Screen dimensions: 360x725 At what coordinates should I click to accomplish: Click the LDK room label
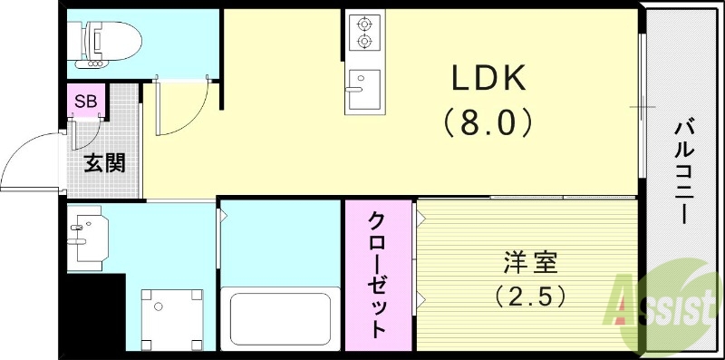[x=489, y=81]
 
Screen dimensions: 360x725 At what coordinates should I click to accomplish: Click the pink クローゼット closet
[x=378, y=274]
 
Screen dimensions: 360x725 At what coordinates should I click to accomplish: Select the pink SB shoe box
[x=86, y=101]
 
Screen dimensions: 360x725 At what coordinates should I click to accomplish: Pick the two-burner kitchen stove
[x=364, y=32]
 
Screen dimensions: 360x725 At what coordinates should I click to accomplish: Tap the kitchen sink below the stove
[x=364, y=89]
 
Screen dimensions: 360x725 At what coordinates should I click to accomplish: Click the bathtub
[x=281, y=317]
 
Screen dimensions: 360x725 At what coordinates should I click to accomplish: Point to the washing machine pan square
[x=171, y=316]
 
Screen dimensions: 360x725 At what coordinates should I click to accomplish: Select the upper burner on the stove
[x=364, y=23]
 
